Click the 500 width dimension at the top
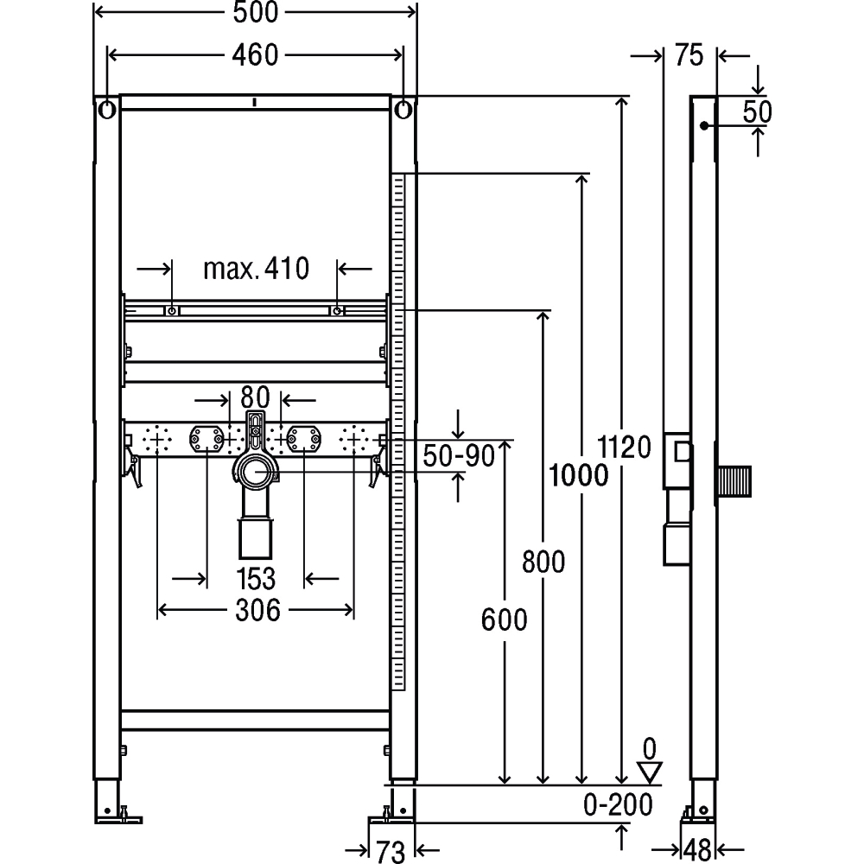[x=256, y=13]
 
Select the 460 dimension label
[x=255, y=55]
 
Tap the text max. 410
[x=257, y=269]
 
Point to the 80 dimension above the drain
[x=255, y=397]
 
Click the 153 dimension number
[x=256, y=579]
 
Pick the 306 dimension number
[x=257, y=611]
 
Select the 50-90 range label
[x=459, y=456]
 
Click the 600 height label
[x=505, y=619]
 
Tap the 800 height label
[x=543, y=562]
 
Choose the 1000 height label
[x=579, y=475]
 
